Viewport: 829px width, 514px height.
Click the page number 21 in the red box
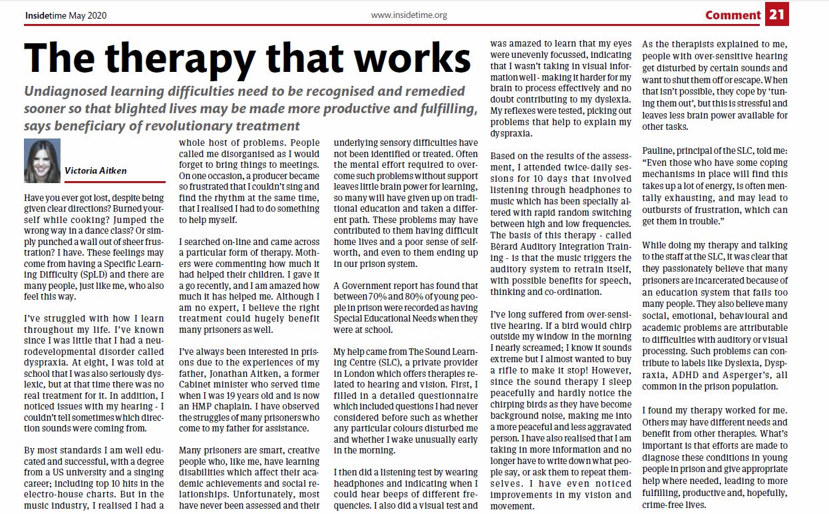[776, 14]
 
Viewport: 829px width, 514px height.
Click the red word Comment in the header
[733, 15]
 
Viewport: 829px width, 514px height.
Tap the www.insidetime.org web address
[409, 15]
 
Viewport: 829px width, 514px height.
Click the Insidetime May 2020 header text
[65, 15]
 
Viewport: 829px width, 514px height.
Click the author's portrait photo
[42, 160]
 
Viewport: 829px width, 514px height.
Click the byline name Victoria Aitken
[95, 171]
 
